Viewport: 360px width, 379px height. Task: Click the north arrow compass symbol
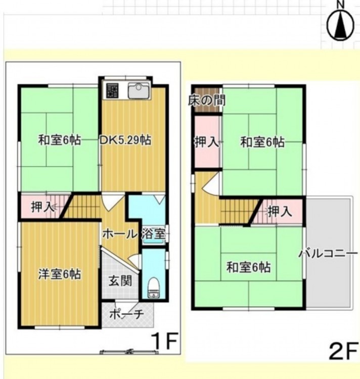(x=340, y=24)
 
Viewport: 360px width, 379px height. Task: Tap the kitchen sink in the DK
(x=139, y=90)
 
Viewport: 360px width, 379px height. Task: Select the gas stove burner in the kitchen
(x=112, y=90)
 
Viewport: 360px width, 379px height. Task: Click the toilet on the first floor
(x=153, y=288)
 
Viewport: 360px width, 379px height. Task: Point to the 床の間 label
(x=207, y=100)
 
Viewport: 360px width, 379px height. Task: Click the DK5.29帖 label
(x=126, y=140)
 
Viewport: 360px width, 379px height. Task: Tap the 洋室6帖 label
(x=60, y=274)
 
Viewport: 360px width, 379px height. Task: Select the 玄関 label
(x=120, y=281)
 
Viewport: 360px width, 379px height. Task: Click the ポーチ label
(x=126, y=314)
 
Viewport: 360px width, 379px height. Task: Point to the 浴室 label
(x=154, y=234)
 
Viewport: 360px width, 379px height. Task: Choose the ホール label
(x=120, y=234)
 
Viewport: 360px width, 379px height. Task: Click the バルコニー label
(x=328, y=254)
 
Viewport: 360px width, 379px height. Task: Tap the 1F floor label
(x=165, y=341)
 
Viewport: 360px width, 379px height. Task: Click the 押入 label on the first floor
(x=42, y=207)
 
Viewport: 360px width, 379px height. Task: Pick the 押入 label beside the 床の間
(x=207, y=142)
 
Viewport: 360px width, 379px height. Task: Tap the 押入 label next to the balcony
(x=280, y=212)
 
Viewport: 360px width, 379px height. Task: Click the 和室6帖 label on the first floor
(x=60, y=140)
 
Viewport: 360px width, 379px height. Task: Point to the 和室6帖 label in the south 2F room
(x=249, y=267)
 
